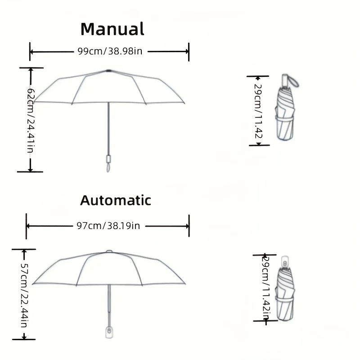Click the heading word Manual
click(112, 29)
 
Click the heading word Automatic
click(116, 200)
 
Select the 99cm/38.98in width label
click(110, 51)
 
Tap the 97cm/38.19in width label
click(108, 226)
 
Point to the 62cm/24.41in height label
click(31, 121)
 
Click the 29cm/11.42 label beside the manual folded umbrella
click(258, 111)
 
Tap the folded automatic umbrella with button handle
click(285, 288)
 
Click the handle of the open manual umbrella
click(108, 163)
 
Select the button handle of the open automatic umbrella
click(109, 332)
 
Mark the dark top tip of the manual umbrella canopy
click(108, 71)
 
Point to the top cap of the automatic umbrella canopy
click(109, 252)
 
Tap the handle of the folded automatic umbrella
click(285, 261)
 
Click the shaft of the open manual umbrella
click(108, 129)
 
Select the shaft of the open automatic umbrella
click(109, 306)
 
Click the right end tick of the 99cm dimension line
click(189, 52)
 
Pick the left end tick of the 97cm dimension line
click(27, 226)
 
